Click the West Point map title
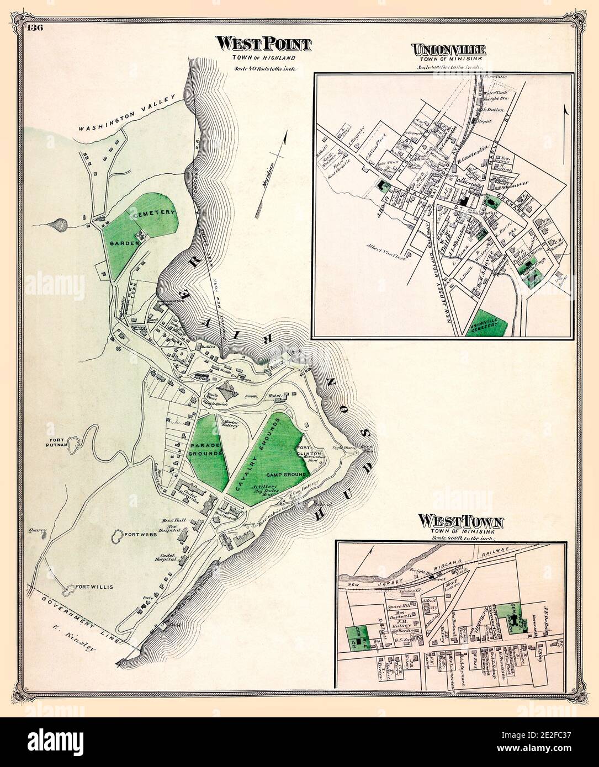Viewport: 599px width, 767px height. pos(263,44)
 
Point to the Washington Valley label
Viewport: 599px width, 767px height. pos(128,114)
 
